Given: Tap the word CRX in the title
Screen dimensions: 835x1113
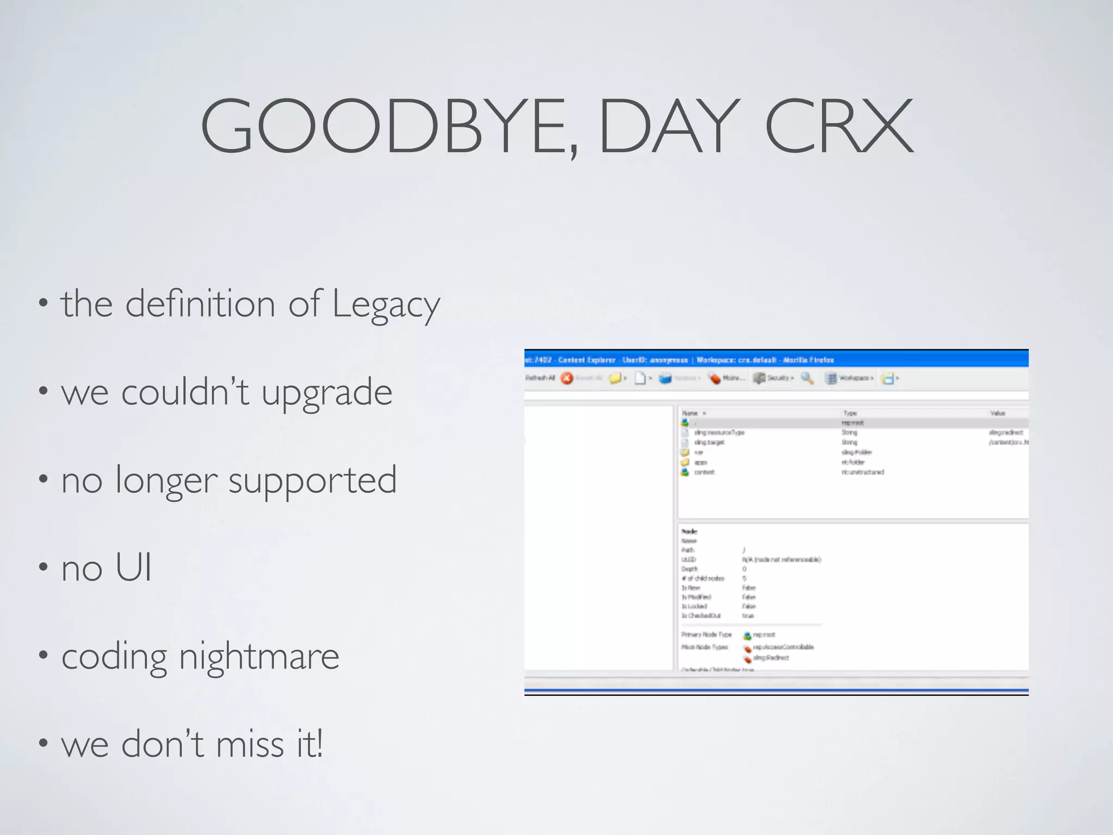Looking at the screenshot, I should click(839, 126).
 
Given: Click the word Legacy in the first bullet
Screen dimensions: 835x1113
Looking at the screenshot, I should click(385, 304).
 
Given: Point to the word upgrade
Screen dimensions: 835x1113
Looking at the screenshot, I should click(327, 392).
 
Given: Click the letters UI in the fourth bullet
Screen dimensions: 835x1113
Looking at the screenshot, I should click(133, 568).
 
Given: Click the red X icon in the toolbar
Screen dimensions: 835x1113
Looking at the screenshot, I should click(567, 378).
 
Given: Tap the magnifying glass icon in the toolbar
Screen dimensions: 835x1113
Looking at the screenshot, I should click(807, 378).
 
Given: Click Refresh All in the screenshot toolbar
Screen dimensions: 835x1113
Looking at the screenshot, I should click(540, 378).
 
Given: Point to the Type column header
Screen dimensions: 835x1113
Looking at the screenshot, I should click(850, 414).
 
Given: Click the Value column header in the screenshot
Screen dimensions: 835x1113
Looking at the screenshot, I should click(997, 414).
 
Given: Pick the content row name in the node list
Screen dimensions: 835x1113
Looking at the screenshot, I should click(704, 472).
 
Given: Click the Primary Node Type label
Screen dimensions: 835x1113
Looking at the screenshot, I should click(706, 635).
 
